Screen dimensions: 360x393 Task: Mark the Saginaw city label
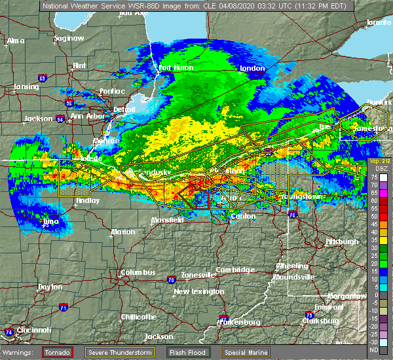point(69,38)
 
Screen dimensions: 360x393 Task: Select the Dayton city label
point(50,287)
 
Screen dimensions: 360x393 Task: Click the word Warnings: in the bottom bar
point(20,352)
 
